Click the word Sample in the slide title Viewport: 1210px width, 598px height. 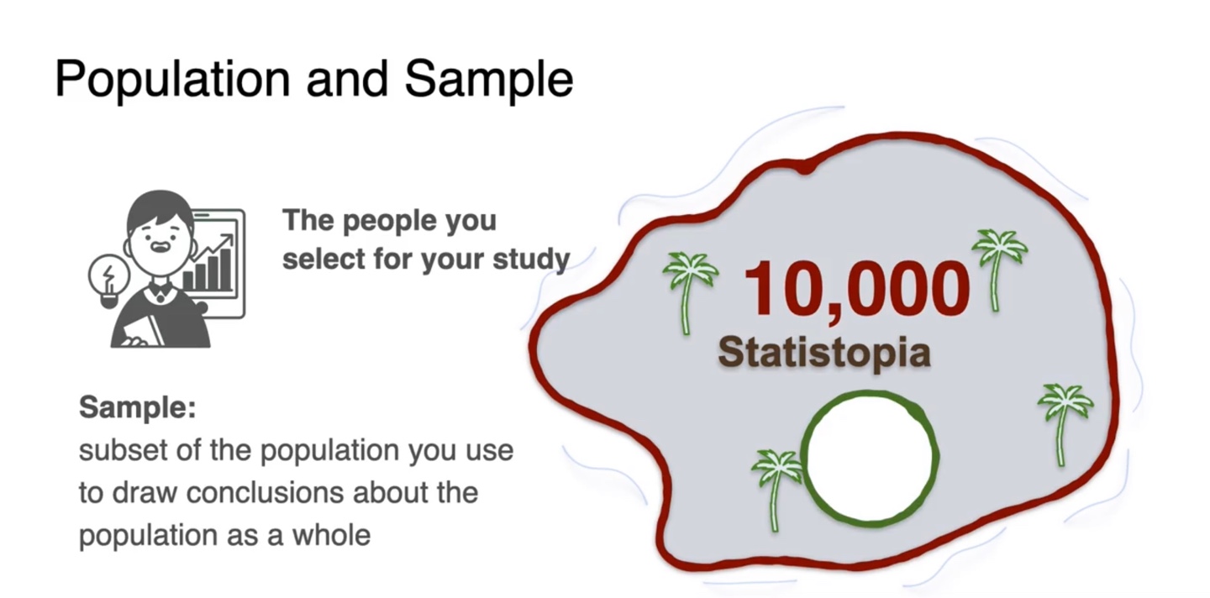488,79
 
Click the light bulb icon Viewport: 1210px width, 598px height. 109,276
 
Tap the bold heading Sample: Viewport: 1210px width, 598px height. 138,408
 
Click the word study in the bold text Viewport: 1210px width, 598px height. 529,260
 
